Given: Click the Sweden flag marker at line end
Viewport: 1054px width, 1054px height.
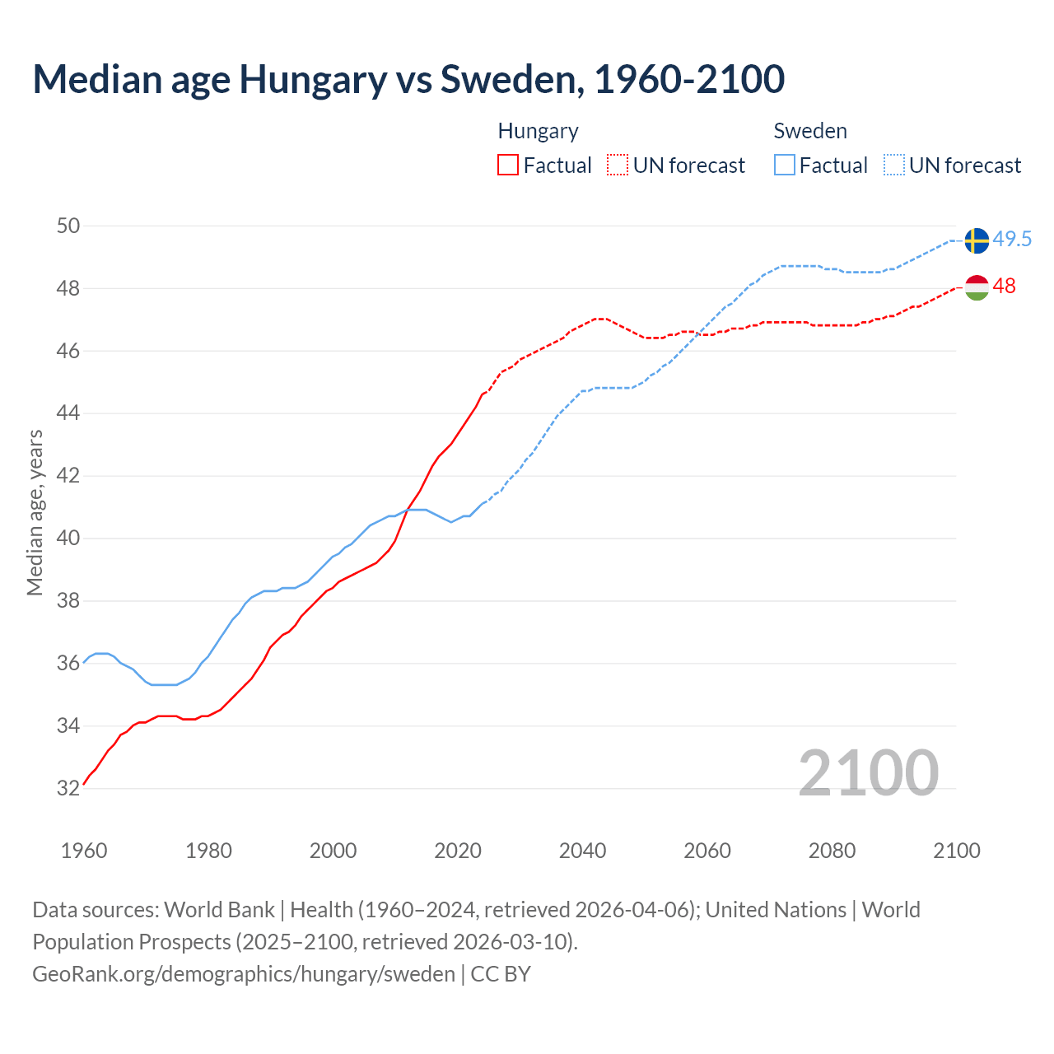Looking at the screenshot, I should tap(977, 240).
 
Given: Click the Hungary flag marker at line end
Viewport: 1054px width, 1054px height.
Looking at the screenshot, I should tap(977, 287).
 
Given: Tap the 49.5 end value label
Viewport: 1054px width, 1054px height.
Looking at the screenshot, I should tap(1012, 239).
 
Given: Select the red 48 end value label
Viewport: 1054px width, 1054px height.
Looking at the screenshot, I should tap(1005, 286).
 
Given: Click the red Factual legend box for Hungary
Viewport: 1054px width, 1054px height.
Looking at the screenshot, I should tap(508, 166).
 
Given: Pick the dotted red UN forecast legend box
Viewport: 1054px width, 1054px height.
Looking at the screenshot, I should tap(618, 166).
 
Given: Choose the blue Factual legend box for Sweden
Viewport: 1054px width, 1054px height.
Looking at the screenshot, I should tap(785, 166).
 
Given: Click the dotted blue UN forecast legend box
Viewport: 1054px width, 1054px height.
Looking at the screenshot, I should tap(894, 166).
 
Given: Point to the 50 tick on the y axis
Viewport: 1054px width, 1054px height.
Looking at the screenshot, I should tap(68, 226).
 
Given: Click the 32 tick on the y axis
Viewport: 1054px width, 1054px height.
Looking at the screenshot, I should tap(68, 788).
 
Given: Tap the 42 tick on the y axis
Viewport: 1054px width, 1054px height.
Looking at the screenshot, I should tap(68, 476).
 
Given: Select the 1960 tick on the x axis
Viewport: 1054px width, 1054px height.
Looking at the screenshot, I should tap(84, 851).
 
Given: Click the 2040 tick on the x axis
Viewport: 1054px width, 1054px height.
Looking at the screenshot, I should tap(582, 851).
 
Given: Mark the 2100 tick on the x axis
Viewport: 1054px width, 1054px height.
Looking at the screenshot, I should tap(956, 851).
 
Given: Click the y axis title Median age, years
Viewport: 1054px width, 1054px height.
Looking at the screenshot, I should tap(35, 512).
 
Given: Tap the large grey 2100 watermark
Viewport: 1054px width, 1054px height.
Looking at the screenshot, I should tap(868, 772).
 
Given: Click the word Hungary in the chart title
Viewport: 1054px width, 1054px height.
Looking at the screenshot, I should tap(314, 79).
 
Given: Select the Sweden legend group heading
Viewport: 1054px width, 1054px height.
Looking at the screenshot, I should tap(810, 131).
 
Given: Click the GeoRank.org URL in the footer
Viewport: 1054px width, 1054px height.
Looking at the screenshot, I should tap(244, 974).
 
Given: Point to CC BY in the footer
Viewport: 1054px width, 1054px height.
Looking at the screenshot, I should tap(501, 974).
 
